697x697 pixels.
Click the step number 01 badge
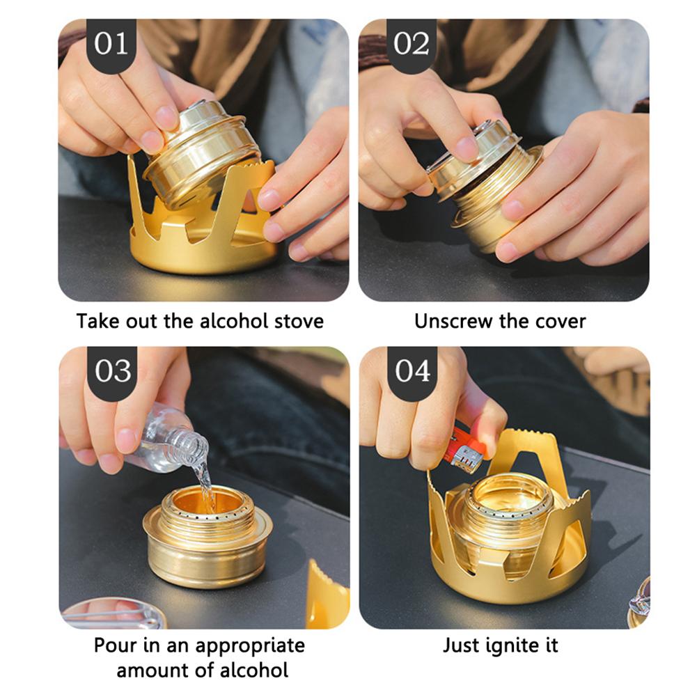(x=111, y=44)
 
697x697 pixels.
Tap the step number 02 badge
(x=412, y=44)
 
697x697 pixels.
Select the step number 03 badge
(x=111, y=370)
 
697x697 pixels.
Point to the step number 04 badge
(x=412, y=370)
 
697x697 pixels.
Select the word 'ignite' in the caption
(x=505, y=645)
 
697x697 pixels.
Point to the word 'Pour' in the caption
(x=115, y=645)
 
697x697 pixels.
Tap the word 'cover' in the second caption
(x=561, y=321)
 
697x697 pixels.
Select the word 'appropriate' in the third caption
(x=249, y=645)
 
